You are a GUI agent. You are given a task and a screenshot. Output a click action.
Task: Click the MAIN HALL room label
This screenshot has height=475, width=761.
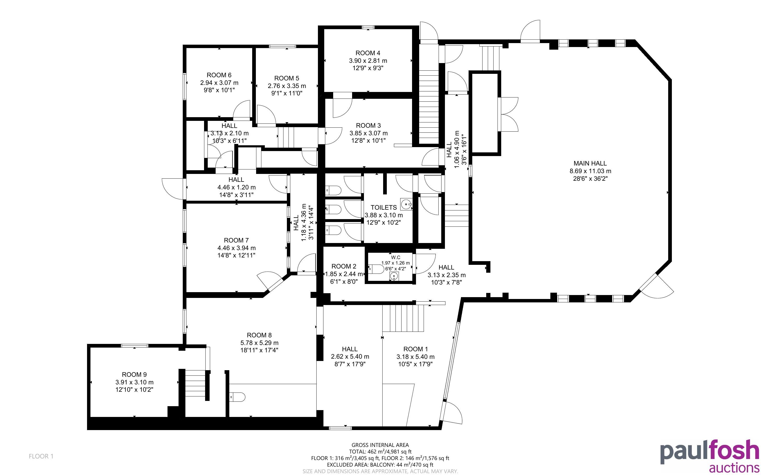(590, 163)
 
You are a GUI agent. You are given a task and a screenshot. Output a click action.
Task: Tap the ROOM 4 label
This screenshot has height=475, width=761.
(368, 53)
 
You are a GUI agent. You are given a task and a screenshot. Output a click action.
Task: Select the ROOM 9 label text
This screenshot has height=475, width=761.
(134, 374)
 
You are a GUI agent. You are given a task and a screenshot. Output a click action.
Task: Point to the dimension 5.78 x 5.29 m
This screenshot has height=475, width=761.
(259, 343)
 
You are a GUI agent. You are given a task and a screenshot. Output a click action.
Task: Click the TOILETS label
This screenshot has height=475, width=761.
(383, 207)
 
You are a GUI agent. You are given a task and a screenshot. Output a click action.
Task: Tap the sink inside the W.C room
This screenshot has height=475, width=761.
(394, 276)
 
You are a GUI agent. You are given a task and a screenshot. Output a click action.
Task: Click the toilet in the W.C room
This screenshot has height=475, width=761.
(376, 269)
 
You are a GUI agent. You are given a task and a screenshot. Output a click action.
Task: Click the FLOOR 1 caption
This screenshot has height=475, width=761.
(41, 456)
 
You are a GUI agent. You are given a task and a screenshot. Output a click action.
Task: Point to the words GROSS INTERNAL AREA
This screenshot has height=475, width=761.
(380, 445)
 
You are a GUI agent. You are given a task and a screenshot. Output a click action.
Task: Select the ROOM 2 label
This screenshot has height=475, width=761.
(344, 266)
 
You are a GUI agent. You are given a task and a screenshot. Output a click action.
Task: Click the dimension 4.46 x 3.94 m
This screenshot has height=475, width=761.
(236, 248)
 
